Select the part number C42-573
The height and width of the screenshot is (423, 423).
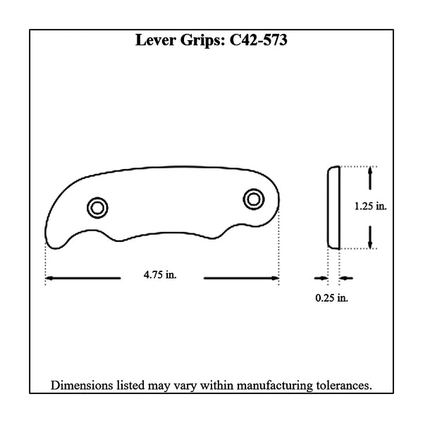click(258, 40)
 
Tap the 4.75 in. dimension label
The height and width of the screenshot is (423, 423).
click(160, 275)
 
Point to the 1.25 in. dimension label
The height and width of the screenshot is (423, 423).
click(371, 207)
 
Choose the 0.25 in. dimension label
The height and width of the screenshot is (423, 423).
click(332, 298)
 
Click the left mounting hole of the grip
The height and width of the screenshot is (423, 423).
click(97, 208)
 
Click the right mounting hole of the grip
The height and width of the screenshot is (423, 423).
click(253, 200)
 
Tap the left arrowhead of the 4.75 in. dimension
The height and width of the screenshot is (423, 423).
click(49, 278)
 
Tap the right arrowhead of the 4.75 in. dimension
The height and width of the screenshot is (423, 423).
click(275, 278)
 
